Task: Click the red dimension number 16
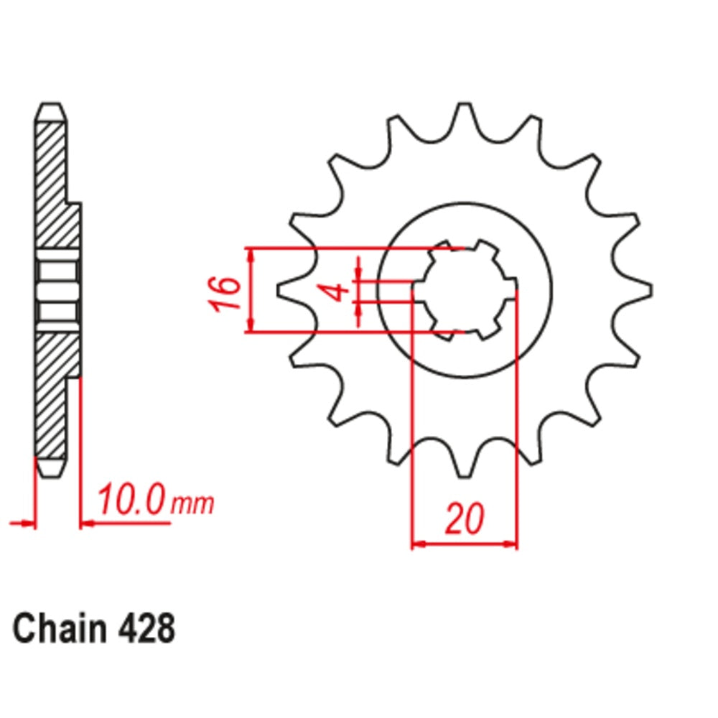coord(225,292)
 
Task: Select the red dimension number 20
coord(463,519)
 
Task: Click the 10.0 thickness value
coord(133,500)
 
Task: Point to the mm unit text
coord(192,504)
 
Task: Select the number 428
coord(144,630)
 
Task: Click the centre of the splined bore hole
coord(465,290)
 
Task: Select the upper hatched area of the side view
coord(55,187)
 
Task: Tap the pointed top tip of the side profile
coord(51,106)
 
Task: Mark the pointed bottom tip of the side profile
coord(51,474)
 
